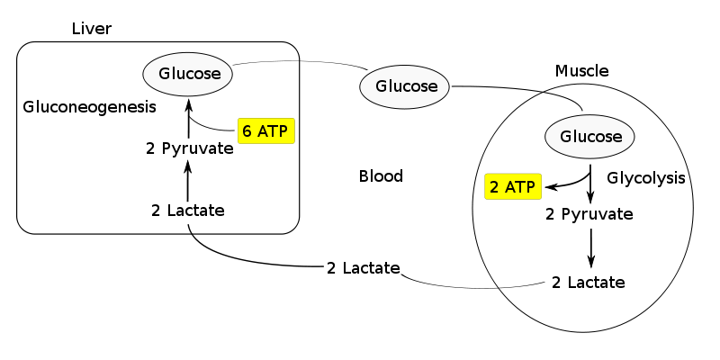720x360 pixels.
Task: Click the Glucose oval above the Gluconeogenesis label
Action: tap(189, 74)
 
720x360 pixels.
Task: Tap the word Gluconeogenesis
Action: tap(89, 106)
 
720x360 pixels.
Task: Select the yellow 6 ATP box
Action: tap(266, 131)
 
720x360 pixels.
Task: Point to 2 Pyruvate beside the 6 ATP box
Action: tap(190, 148)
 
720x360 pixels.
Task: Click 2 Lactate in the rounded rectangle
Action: tap(188, 211)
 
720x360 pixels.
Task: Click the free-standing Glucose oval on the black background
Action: tap(405, 86)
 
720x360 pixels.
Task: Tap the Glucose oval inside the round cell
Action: tap(590, 137)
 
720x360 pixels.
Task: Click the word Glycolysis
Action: tap(646, 177)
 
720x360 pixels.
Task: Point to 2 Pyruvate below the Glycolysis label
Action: tap(590, 214)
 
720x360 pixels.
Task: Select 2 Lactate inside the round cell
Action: tap(589, 282)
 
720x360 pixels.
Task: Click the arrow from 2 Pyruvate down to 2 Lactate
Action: tap(590, 247)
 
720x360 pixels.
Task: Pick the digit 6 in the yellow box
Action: tap(247, 131)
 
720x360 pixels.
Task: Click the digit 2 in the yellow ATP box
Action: tap(494, 187)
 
